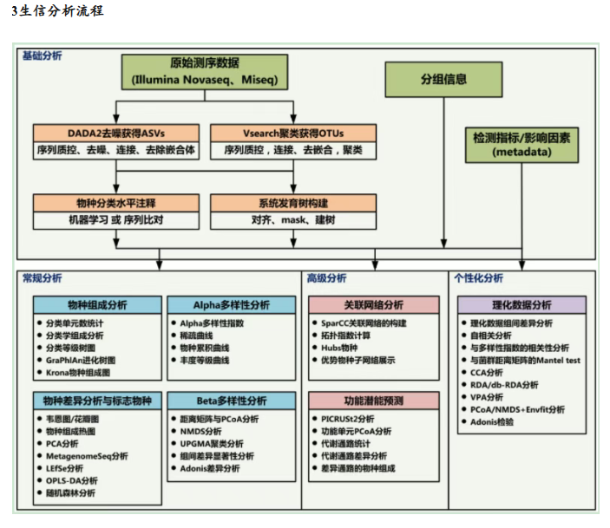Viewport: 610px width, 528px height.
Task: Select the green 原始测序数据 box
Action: pos(205,72)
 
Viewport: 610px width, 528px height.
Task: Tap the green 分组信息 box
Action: pos(443,79)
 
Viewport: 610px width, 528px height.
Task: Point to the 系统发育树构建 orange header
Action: pos(293,203)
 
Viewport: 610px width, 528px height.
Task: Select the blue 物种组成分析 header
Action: pos(97,305)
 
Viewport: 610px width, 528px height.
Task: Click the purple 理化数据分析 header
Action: pos(521,305)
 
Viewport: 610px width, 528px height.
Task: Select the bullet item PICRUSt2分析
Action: pos(348,418)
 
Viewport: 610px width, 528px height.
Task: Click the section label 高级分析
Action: pos(326,278)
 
